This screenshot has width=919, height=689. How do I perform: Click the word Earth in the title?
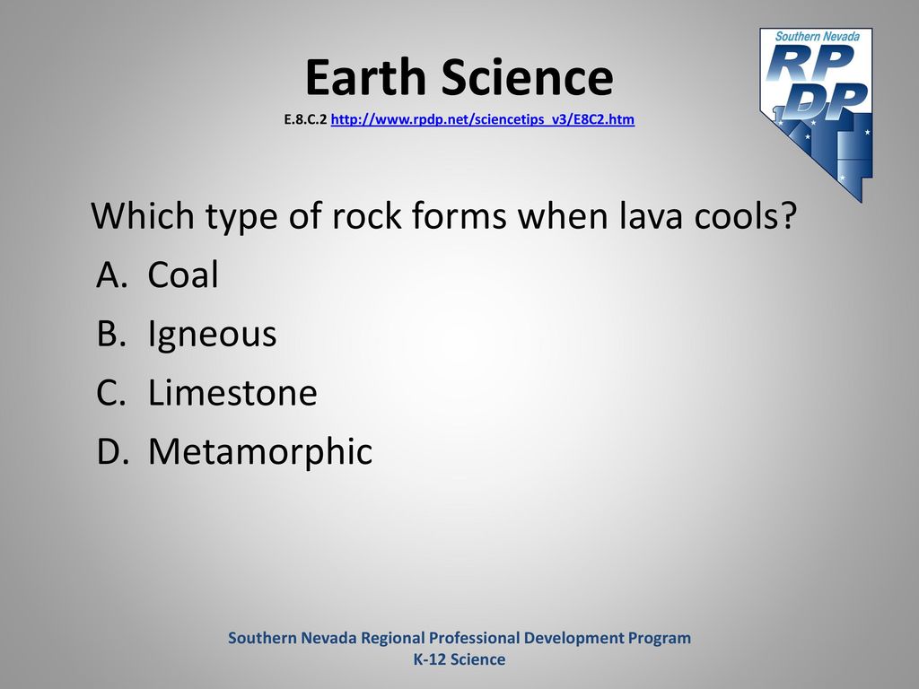click(x=365, y=77)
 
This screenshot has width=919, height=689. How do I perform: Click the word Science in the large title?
click(x=527, y=77)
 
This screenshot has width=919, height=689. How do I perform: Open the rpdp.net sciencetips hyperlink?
click(x=482, y=119)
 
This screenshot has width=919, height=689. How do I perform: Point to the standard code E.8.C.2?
click(x=305, y=119)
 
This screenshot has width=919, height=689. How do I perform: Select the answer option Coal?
click(x=183, y=275)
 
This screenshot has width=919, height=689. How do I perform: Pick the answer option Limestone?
click(x=232, y=392)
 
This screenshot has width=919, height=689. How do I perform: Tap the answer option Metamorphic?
click(x=260, y=452)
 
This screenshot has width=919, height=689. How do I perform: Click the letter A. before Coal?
click(x=112, y=275)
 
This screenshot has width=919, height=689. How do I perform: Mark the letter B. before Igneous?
click(x=111, y=333)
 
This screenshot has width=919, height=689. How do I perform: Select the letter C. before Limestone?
click(x=111, y=392)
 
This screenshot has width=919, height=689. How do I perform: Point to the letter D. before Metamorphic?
click(x=112, y=450)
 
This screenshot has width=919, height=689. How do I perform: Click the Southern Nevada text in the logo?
click(x=818, y=36)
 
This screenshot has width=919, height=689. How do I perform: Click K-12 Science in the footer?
click(x=459, y=659)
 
